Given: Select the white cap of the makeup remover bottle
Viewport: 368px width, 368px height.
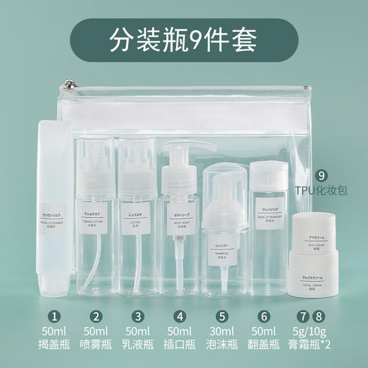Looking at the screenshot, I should pyautogui.click(x=268, y=174).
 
